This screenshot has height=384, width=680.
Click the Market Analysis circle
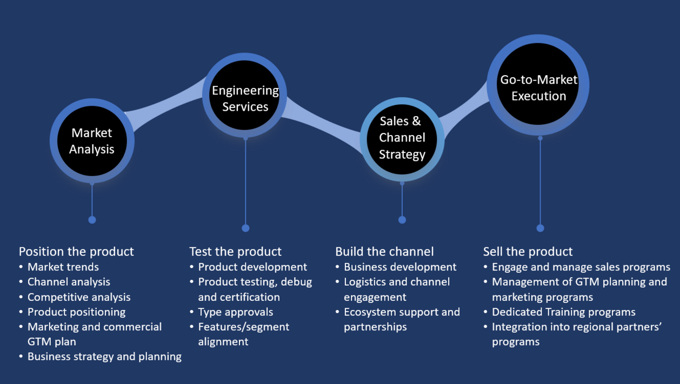tap(92, 141)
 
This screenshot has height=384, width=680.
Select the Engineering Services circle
tap(245, 95)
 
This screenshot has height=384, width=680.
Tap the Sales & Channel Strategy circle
tap(402, 139)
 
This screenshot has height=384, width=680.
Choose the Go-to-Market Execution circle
tap(538, 85)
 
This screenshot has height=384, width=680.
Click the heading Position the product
tap(76, 252)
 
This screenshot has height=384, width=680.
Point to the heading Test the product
tap(235, 252)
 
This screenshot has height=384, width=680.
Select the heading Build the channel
tap(384, 252)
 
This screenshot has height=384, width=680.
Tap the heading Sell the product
tap(528, 252)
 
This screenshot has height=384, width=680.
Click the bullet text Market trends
tap(63, 267)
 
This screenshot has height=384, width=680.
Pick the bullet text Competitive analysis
tap(79, 297)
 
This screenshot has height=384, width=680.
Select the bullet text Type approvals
tap(236, 312)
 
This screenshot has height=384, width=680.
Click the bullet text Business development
tap(400, 267)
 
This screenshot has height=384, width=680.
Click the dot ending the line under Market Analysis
tap(92, 220)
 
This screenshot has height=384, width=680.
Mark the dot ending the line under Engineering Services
tap(245, 228)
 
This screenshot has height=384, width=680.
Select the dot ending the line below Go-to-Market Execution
tap(540, 228)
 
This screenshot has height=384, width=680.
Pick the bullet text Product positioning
tap(77, 312)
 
